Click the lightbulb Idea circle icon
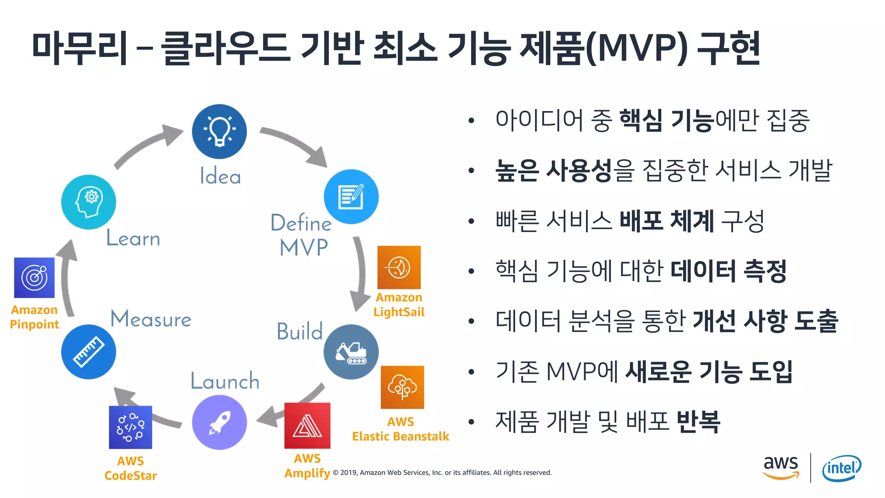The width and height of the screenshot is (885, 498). [220, 131]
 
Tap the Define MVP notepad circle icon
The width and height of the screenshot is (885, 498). [351, 197]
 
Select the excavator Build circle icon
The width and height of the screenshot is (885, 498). [351, 352]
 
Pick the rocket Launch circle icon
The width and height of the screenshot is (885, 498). [220, 422]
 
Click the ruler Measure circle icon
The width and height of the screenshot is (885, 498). [89, 352]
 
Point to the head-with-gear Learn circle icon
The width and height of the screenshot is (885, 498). [89, 202]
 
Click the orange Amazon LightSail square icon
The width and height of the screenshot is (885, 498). [399, 267]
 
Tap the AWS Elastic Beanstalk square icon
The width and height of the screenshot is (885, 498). [402, 387]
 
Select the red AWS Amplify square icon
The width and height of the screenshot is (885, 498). [307, 426]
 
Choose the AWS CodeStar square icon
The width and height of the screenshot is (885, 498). [131, 427]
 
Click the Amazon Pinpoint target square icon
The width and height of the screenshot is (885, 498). [35, 278]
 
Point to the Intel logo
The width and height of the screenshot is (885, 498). [841, 468]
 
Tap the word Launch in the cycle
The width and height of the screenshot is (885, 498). [225, 381]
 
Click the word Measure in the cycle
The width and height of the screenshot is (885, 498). [151, 319]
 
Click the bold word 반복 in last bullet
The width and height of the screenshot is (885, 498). [698, 421]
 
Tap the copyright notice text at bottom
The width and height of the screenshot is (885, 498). [442, 472]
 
